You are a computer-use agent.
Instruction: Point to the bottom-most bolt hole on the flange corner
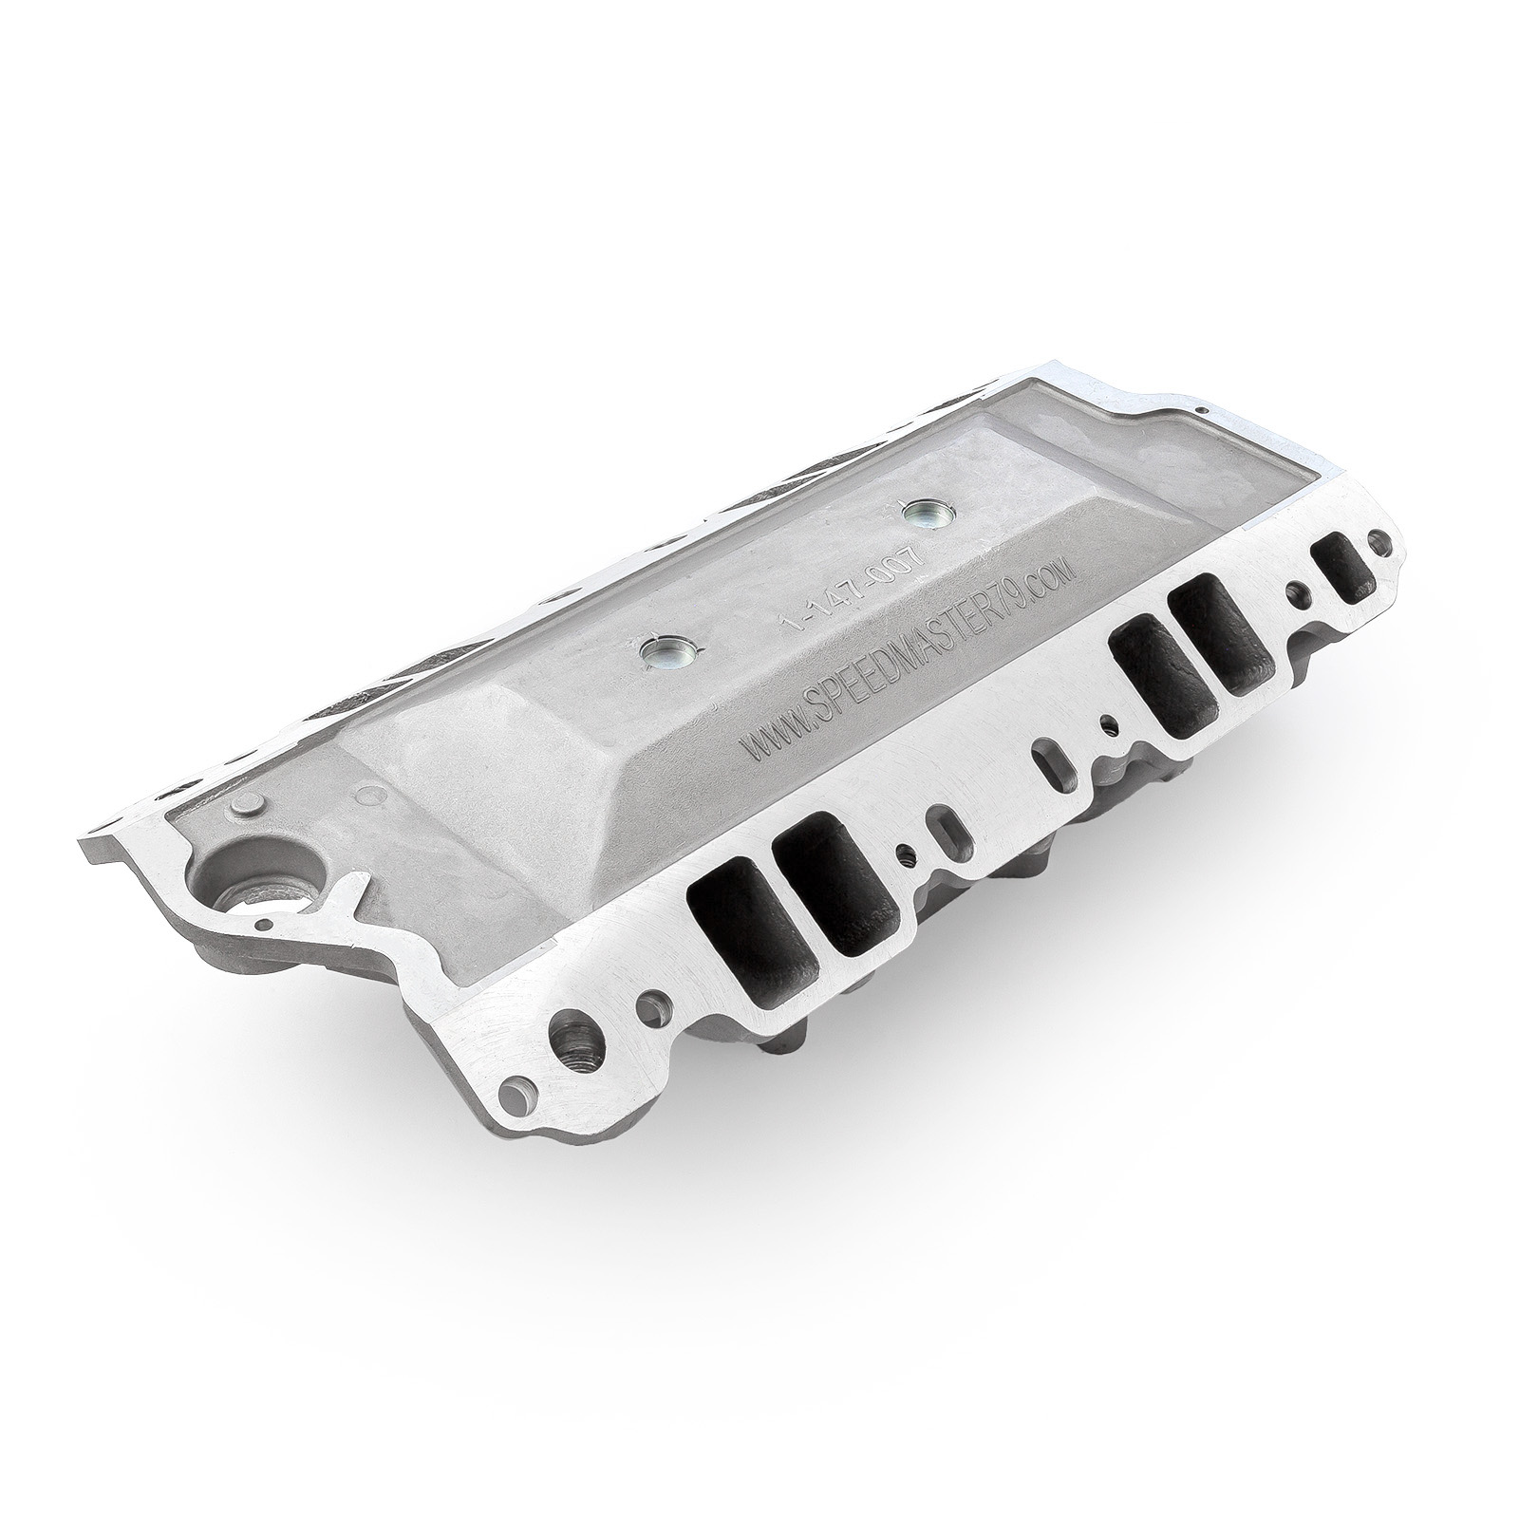point(515,1130)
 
